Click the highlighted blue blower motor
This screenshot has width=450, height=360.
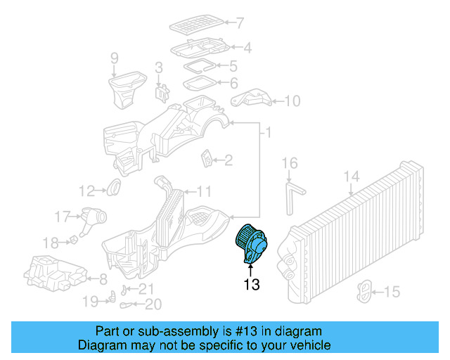pos(251,243)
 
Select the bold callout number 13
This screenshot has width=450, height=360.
pos(251,285)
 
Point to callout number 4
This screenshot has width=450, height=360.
pos(227,49)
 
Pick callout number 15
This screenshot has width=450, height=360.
pos(392,291)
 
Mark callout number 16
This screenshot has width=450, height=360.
pos(290,165)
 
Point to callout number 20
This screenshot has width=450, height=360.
pos(153,304)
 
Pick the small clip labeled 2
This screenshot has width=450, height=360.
pos(207,159)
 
